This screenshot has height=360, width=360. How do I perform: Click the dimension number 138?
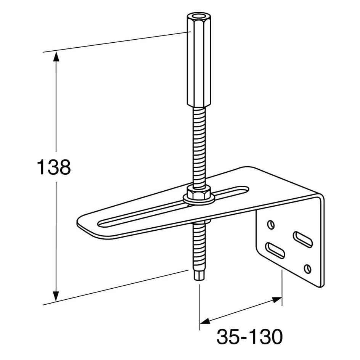(54, 167)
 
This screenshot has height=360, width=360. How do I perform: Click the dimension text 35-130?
(249, 337)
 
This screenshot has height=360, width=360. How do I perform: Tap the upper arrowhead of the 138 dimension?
(56, 57)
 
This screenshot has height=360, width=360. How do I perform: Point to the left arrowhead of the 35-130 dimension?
(205, 321)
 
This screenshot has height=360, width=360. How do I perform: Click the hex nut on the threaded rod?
(198, 192)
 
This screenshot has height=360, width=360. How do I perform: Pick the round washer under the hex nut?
(199, 199)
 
